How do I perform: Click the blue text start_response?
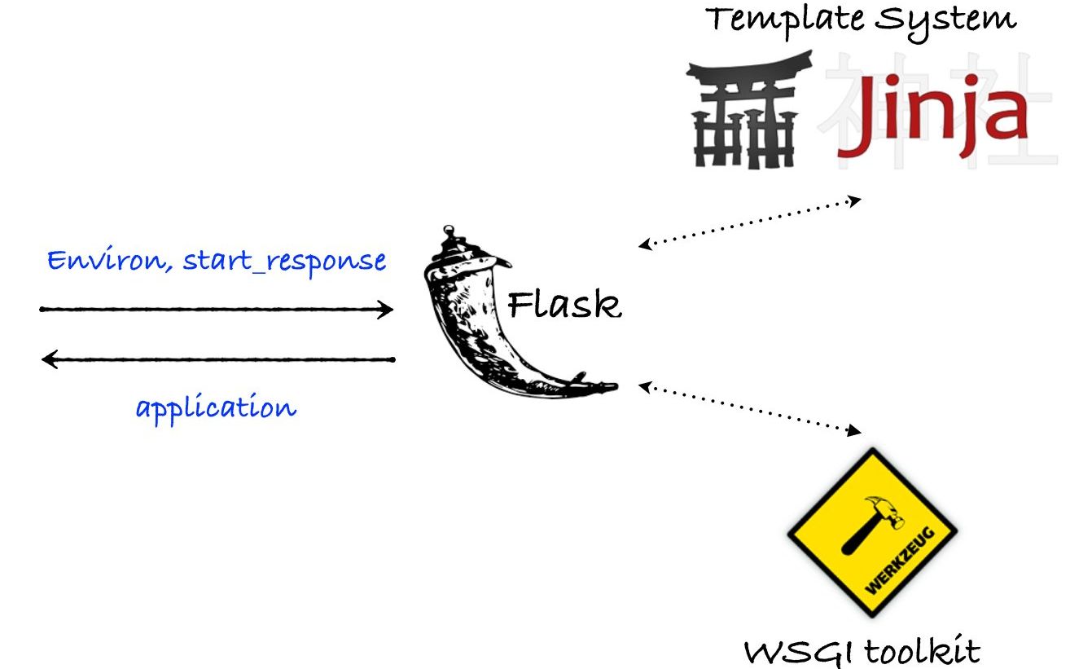click(284, 262)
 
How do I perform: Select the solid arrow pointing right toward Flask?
click(217, 310)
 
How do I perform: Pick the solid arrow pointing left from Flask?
click(217, 359)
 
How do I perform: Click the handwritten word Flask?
click(564, 306)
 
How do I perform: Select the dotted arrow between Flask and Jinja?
click(749, 222)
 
